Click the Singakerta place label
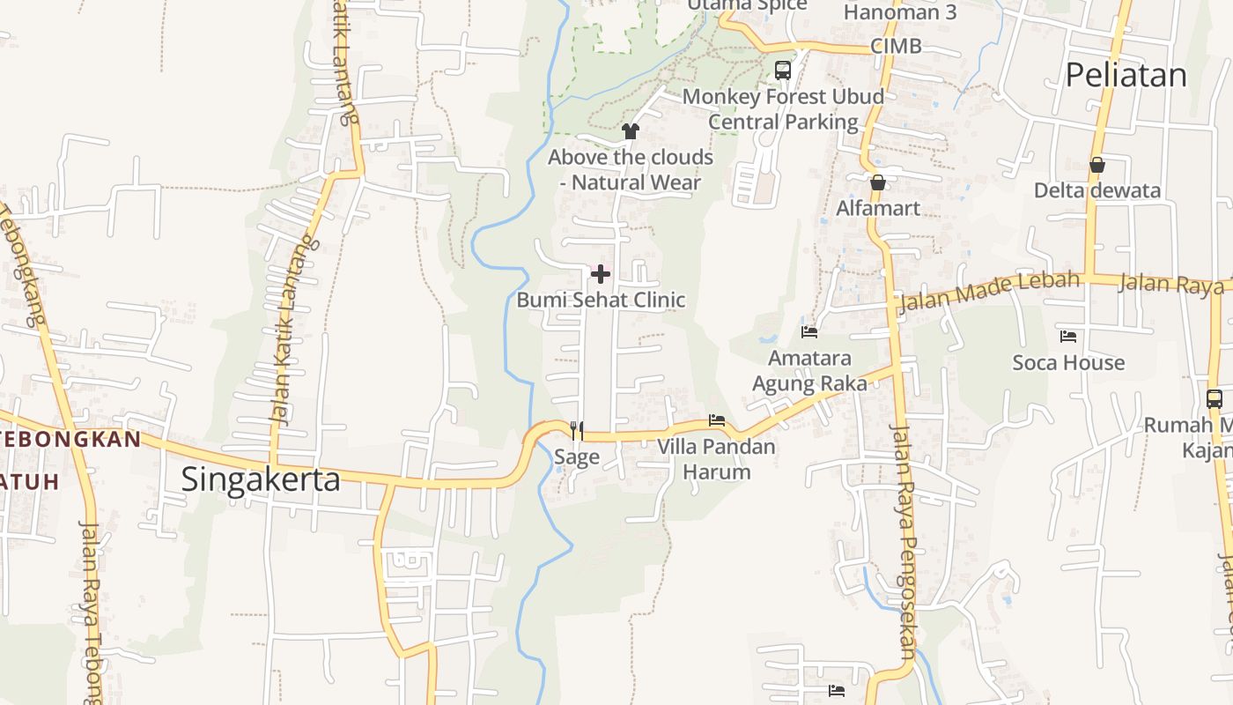point(260,479)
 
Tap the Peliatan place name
point(1126,76)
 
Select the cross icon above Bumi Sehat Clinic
point(601,274)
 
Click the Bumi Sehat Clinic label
point(601,300)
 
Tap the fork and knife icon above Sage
point(577,430)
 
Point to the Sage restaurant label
point(577,456)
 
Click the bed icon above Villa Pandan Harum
point(717,420)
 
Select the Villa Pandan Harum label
point(717,458)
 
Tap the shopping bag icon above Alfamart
point(877,183)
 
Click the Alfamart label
point(877,209)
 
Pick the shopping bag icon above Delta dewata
point(1097,165)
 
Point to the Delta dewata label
point(1097,190)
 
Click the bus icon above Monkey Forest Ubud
point(782,70)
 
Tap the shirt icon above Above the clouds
point(630,132)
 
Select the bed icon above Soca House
point(1068,337)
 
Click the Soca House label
point(1068,362)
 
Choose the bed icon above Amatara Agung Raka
point(809,332)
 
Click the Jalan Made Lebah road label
point(988,292)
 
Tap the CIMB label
point(896,46)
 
